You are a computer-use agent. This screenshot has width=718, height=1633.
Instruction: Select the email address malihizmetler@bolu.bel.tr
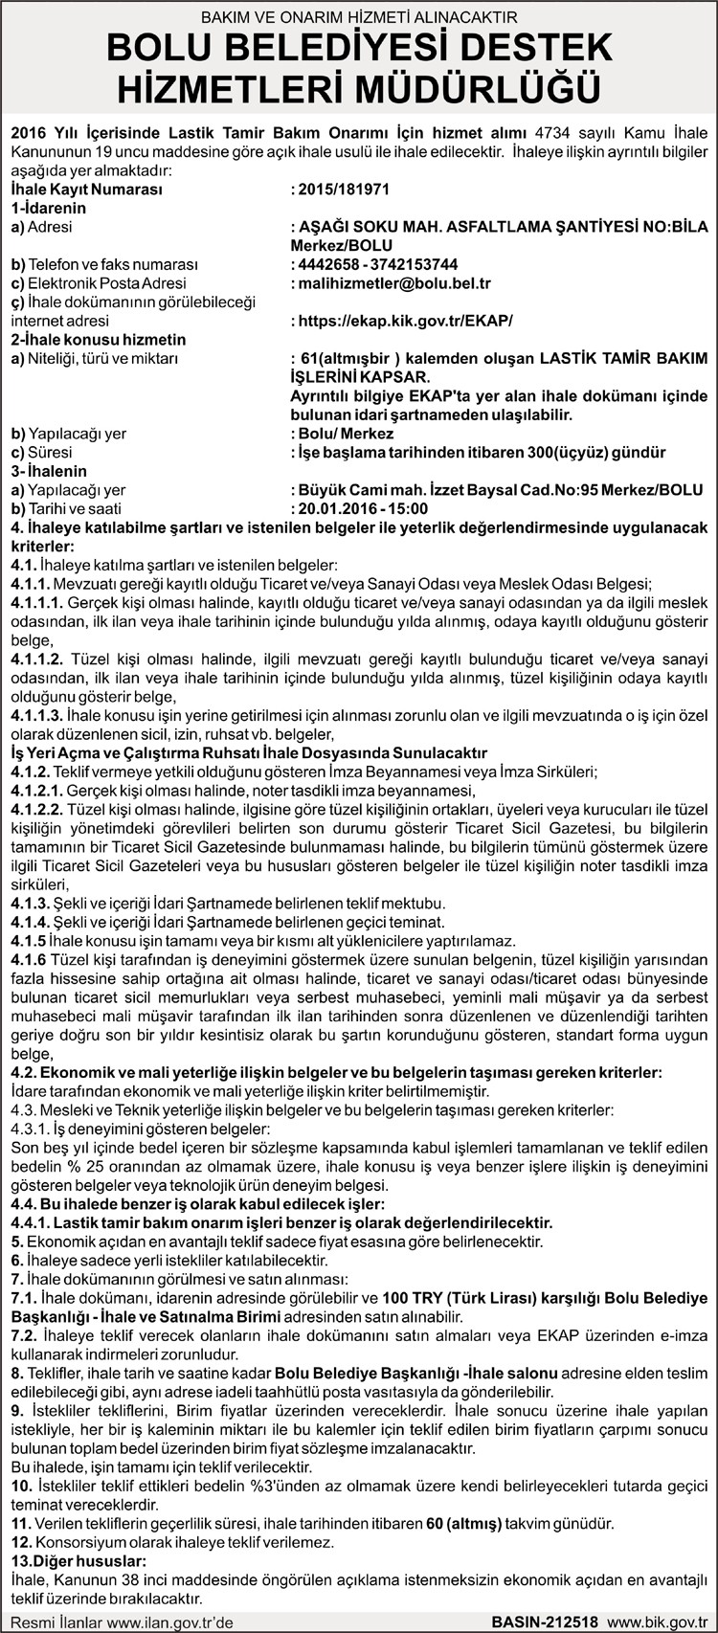393,283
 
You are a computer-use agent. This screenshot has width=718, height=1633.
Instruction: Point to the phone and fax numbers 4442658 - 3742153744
378,264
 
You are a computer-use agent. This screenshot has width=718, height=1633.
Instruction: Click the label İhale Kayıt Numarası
86,190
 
